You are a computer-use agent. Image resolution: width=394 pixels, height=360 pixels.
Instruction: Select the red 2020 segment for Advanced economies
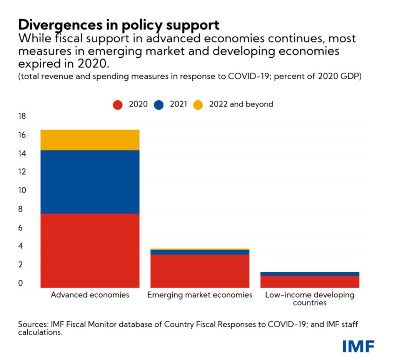tap(90, 250)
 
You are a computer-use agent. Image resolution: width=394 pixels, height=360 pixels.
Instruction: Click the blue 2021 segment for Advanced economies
tap(90, 182)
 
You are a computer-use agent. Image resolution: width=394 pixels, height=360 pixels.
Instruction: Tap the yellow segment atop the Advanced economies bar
tap(90, 140)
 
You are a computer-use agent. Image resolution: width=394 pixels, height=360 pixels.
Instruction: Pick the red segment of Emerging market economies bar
tap(200, 271)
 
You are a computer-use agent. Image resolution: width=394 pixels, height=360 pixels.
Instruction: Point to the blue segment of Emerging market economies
tap(200, 252)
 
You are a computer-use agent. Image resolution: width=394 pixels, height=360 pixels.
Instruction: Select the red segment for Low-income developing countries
tap(310, 282)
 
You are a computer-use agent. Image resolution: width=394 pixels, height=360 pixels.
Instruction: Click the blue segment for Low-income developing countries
tap(310, 274)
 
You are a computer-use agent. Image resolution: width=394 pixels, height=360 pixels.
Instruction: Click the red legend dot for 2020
tap(118, 104)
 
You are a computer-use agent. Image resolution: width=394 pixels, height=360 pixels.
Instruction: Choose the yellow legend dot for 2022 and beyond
tap(198, 104)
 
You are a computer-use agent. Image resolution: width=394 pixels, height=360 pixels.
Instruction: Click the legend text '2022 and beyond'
tap(241, 104)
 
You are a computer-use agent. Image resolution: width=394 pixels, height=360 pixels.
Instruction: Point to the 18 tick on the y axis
tap(22, 117)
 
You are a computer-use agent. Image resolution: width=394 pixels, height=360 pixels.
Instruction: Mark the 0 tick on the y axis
tap(20, 284)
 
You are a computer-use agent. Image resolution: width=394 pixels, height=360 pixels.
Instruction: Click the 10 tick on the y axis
tap(22, 191)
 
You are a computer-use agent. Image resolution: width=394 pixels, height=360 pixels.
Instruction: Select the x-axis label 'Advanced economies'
tap(90, 295)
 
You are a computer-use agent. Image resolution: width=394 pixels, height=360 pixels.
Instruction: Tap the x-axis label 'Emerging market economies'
tap(200, 295)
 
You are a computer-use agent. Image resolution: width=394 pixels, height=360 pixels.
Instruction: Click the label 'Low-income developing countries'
tap(310, 299)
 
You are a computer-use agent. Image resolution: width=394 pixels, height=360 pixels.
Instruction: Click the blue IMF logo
tap(358, 346)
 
